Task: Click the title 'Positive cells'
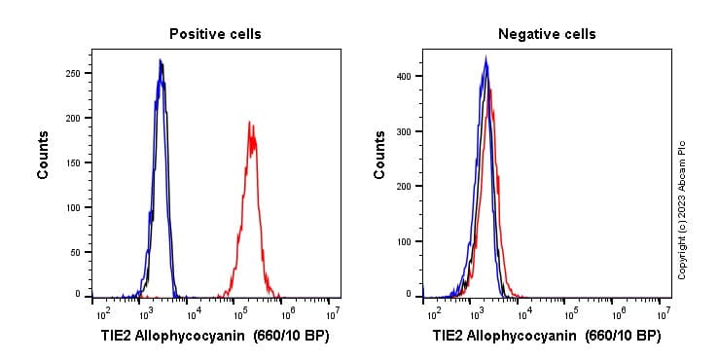(x=215, y=34)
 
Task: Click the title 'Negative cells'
(x=547, y=34)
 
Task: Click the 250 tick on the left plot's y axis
(x=74, y=73)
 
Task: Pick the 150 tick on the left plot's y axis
(x=74, y=162)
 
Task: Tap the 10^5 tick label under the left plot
(x=239, y=314)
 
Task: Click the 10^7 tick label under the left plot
(x=333, y=314)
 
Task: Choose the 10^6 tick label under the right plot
(x=618, y=314)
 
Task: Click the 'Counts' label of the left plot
(x=44, y=155)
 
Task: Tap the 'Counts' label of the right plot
(x=379, y=155)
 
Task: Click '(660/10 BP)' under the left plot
(x=291, y=336)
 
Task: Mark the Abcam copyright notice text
(x=682, y=209)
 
